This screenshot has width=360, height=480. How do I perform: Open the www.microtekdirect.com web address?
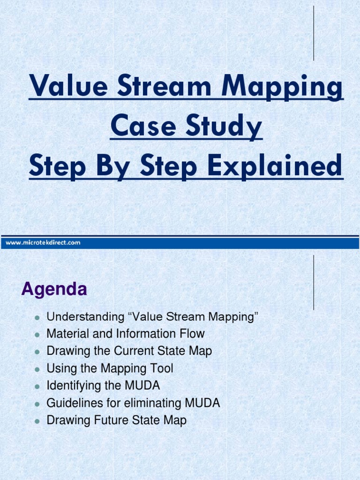[43, 242]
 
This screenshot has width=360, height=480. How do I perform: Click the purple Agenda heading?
[54, 289]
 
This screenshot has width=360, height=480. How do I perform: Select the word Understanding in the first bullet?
[85, 317]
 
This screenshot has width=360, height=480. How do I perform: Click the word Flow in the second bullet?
[192, 334]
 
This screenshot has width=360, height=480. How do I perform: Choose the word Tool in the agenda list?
[161, 368]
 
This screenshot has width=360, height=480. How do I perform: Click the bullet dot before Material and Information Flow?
[36, 335]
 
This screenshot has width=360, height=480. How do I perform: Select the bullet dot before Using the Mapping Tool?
[36, 369]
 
